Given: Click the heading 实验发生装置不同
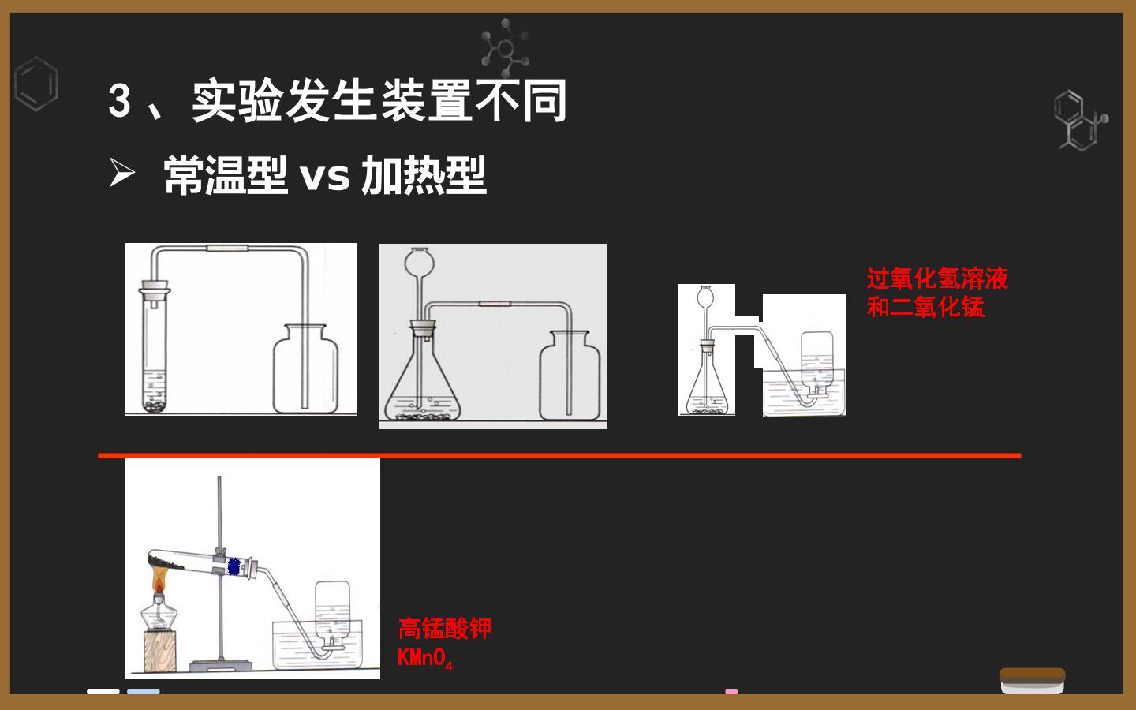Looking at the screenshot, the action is click(x=379, y=101).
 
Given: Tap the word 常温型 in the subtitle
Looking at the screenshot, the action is click(x=225, y=175).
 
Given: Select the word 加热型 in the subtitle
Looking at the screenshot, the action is click(x=424, y=175).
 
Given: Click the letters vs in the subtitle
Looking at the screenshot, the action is click(x=324, y=177).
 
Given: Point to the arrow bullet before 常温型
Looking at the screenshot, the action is click(x=121, y=173).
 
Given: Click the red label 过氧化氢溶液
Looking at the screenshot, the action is click(x=937, y=278).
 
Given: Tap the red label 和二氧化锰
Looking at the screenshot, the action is click(x=925, y=307).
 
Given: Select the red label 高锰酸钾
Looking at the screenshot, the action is click(x=445, y=629).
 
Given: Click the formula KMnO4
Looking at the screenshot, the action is click(x=425, y=658).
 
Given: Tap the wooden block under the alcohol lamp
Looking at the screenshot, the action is click(x=160, y=651).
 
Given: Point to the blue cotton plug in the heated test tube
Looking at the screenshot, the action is click(x=234, y=567).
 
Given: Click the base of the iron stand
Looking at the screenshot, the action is click(x=221, y=665).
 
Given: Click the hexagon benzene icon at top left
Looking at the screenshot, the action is click(x=36, y=84).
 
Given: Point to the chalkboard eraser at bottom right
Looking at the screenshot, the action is click(x=1032, y=681).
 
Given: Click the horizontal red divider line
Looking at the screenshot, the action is click(x=559, y=455).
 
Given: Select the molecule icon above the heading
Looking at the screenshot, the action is click(x=505, y=48).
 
